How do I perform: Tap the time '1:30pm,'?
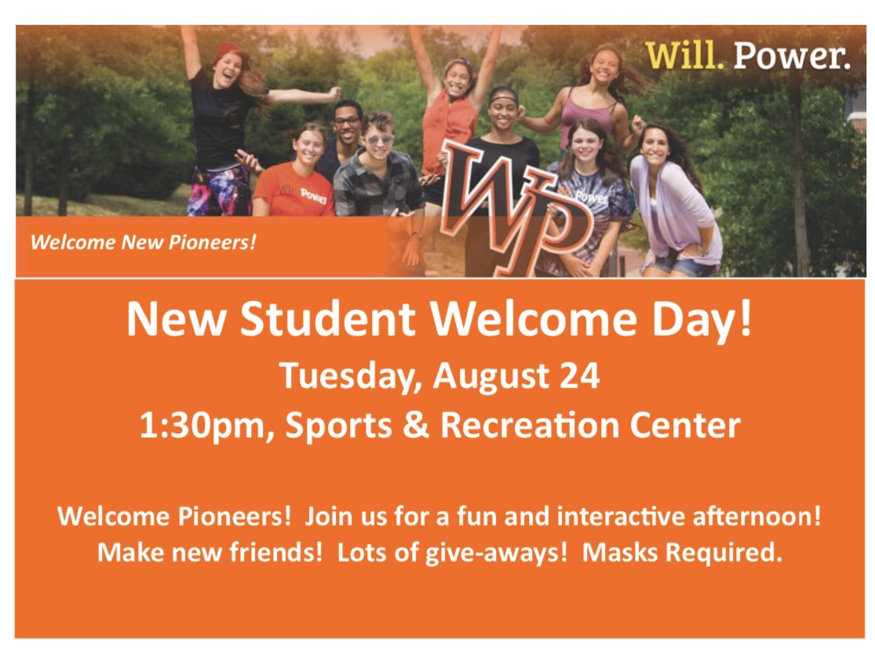point(203,426)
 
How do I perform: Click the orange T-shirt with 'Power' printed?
point(294,192)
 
